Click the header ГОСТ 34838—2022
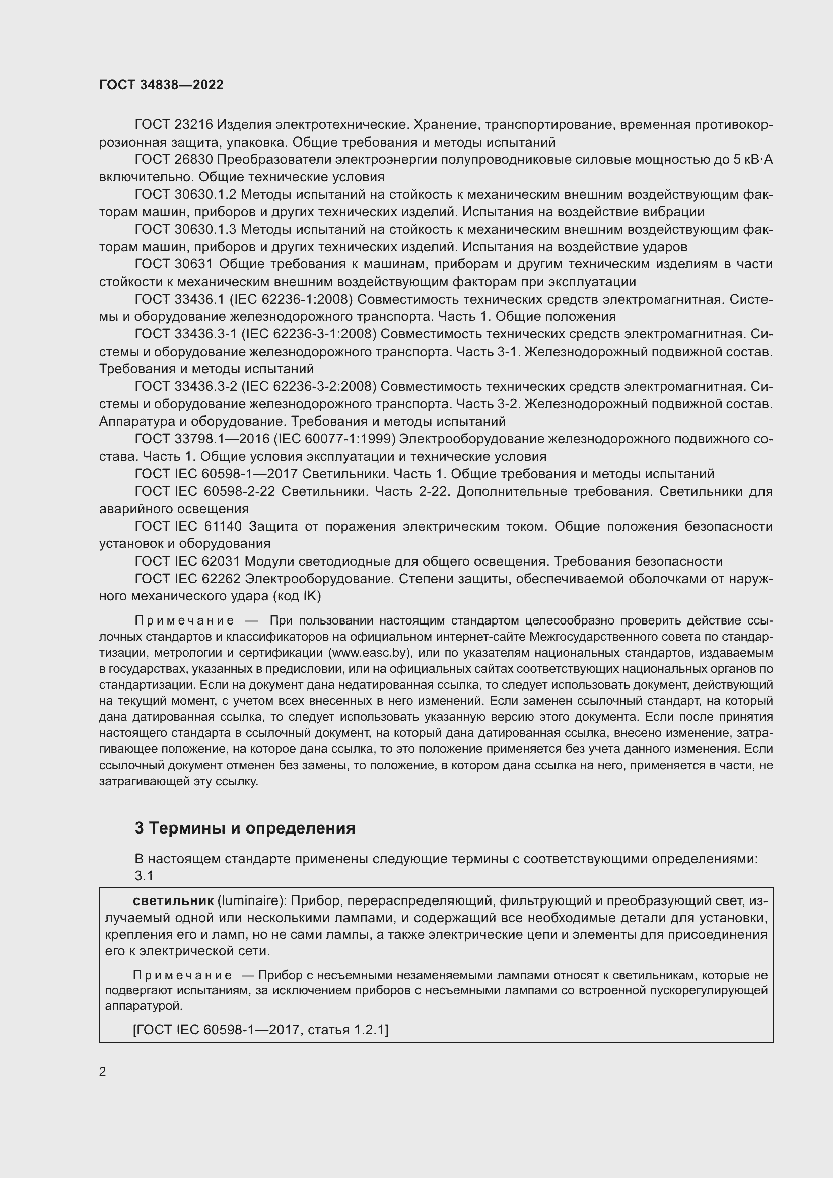tap(161, 85)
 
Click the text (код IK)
tap(297, 596)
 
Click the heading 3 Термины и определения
tap(245, 828)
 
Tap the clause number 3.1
tap(144, 876)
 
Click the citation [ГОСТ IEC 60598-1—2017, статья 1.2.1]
tap(260, 1030)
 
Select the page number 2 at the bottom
tap(103, 1071)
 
